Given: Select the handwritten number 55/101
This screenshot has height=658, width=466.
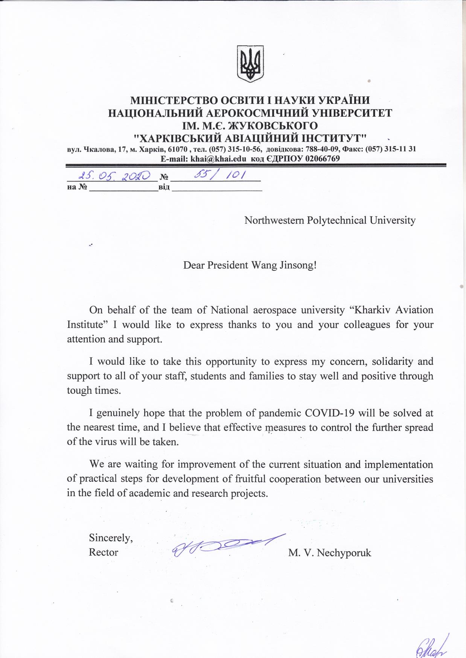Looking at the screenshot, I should [219, 175].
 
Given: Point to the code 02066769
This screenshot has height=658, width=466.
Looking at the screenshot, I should [322, 158].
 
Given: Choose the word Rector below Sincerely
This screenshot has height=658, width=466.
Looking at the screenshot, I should [104, 552].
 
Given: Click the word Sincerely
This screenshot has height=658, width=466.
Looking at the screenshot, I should [111, 538].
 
